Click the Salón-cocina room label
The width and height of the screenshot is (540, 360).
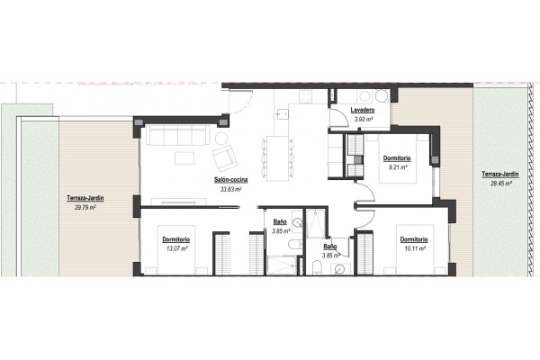click(x=230, y=180)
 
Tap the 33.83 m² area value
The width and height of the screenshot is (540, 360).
click(x=230, y=189)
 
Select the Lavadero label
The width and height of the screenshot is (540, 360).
click(x=363, y=110)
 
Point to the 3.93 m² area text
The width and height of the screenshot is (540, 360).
click(x=364, y=120)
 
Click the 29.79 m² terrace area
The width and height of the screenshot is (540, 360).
click(x=85, y=207)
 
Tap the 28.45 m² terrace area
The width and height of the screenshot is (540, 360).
click(x=500, y=184)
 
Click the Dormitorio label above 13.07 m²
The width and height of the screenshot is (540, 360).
click(x=176, y=239)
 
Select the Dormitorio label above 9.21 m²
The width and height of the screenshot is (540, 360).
click(x=397, y=158)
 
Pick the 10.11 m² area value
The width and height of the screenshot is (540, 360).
click(x=415, y=248)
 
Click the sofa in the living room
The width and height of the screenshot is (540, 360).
click(x=177, y=135)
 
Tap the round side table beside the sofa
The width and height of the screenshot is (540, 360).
click(x=221, y=138)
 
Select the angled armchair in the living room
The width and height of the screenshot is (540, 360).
click(x=225, y=158)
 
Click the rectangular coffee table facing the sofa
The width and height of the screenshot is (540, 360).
click(x=184, y=158)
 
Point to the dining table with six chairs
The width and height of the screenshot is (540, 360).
click(x=277, y=158)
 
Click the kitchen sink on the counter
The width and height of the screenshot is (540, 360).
click(x=283, y=113)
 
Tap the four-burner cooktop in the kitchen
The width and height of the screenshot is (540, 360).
click(x=305, y=96)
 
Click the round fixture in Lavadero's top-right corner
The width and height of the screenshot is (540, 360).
click(x=382, y=96)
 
